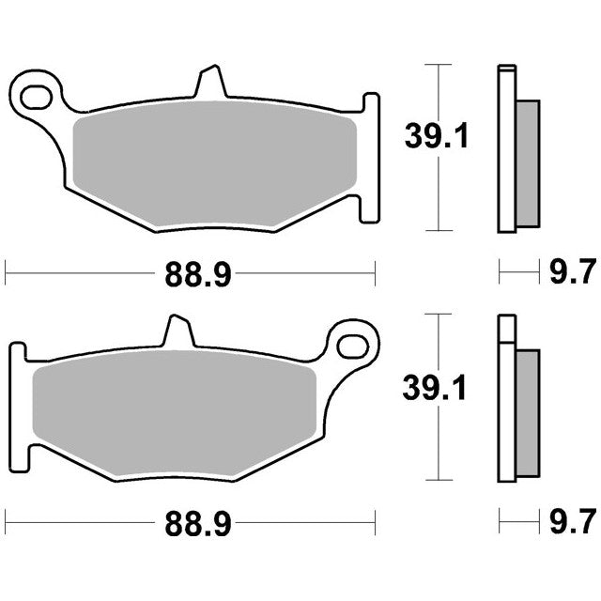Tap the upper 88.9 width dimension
click(x=198, y=275)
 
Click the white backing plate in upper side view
click(x=507, y=150)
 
